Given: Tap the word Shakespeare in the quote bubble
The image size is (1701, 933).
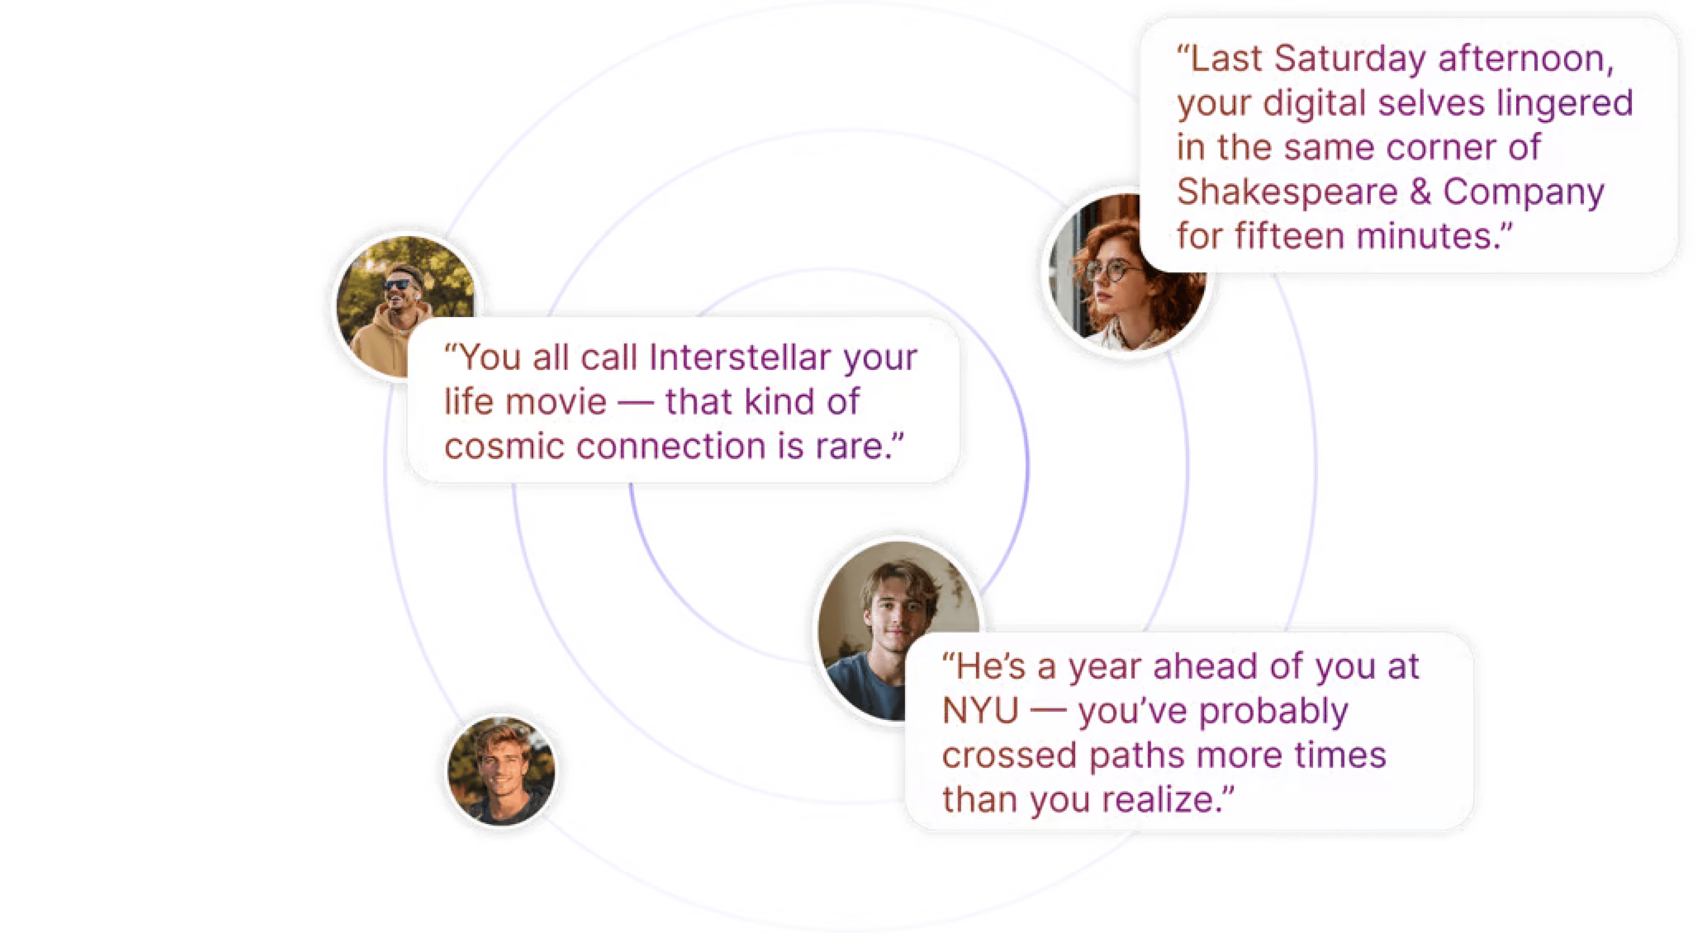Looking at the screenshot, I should [x=1288, y=192].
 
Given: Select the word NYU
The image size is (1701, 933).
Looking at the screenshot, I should [x=979, y=711].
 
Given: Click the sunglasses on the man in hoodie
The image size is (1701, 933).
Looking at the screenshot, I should [x=397, y=285].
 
